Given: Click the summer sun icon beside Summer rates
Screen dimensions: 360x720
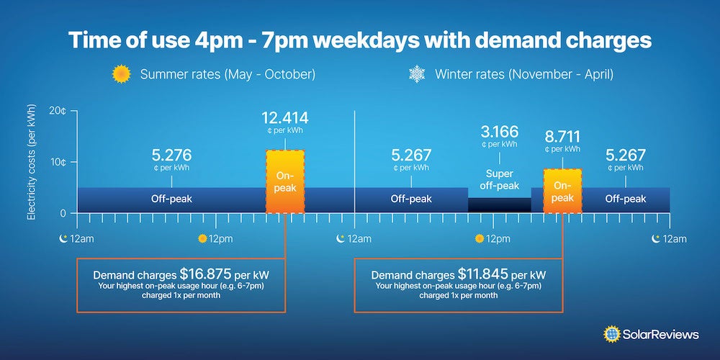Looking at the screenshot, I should (121, 74).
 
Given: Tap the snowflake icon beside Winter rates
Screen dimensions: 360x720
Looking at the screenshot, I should (417, 74).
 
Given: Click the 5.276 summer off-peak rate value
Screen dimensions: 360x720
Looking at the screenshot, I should (172, 155).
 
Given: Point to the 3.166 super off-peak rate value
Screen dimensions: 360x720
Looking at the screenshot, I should (500, 132).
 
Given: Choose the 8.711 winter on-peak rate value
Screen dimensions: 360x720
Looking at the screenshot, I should (562, 137).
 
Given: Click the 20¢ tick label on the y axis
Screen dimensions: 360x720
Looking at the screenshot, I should (58, 110).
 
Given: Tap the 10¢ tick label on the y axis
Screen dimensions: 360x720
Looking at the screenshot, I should (58, 162).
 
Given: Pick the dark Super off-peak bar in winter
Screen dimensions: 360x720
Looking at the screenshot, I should (500, 204).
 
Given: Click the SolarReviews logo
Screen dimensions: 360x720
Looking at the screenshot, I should (651, 334).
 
